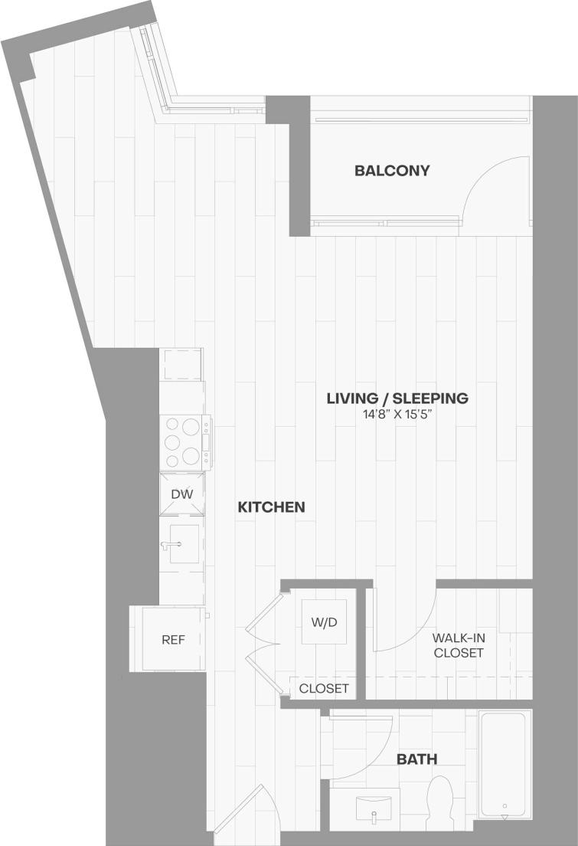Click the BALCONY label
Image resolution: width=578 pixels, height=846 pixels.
pos(391,171)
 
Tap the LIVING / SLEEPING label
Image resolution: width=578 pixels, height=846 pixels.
pos(397,398)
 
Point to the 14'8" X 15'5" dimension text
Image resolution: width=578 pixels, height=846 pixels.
pos(397,415)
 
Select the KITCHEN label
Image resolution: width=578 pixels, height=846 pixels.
pos(271,507)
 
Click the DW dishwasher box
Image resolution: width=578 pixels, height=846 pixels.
pos(181,495)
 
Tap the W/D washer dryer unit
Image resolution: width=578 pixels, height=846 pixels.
pos(324,622)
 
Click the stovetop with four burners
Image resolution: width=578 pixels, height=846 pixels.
pos(185,441)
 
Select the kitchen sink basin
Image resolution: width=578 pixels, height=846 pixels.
pos(184,544)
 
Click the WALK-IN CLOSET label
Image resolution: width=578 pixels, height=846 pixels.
pos(458,645)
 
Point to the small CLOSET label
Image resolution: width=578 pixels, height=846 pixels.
pos(324,688)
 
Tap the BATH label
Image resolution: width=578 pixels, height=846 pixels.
pos(416,759)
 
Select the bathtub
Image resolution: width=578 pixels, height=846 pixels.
pos(502,763)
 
